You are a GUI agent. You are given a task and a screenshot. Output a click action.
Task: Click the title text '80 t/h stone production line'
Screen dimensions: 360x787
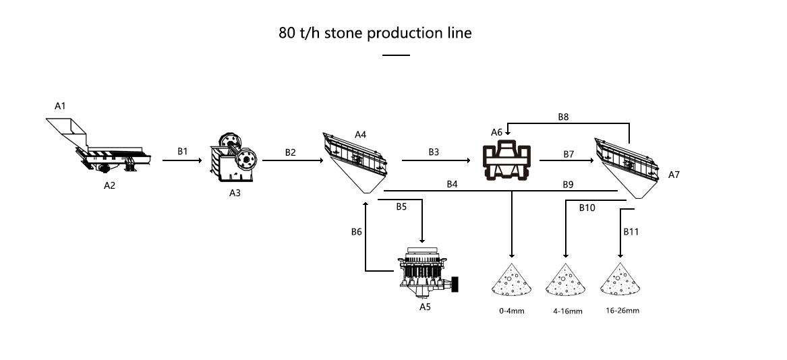pos(375,33)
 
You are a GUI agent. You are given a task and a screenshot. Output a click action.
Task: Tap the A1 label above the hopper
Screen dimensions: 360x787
pos(61,106)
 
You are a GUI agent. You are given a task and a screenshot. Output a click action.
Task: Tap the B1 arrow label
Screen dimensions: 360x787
pos(183,152)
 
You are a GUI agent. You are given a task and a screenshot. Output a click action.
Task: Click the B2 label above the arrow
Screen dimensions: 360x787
pos(290,152)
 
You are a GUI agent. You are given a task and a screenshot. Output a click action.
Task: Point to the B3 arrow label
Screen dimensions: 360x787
pos(434,152)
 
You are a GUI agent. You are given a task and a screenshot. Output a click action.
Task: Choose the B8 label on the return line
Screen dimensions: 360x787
pos(563,117)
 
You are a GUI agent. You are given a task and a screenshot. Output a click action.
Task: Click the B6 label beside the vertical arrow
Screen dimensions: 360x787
pos(357,232)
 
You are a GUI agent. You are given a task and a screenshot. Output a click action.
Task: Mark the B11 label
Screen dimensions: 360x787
pos(631,231)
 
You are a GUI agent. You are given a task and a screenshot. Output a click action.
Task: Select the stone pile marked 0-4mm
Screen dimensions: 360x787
pos(511,280)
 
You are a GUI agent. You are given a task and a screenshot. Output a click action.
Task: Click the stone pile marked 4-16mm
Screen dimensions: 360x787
pos(564,280)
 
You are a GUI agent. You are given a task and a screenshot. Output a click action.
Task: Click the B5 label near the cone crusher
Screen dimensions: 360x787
pos(401,207)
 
